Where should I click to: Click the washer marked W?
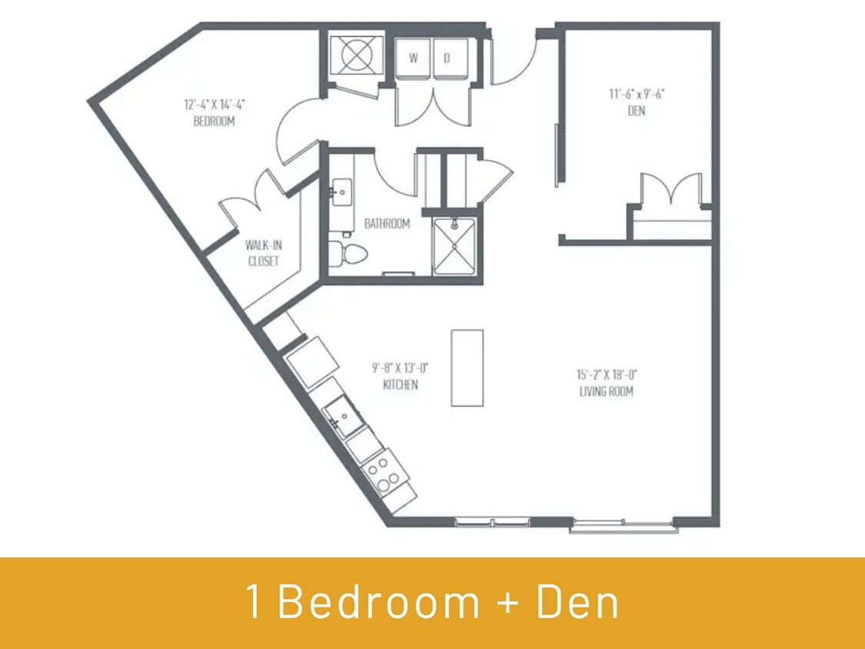414,58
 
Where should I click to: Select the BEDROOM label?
214,121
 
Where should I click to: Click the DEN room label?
636,111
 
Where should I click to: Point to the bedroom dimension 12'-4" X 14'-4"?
214,104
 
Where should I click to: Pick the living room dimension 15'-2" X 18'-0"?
607,374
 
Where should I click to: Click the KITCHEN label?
400,384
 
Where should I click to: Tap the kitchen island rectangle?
467,368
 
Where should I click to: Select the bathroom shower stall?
454,245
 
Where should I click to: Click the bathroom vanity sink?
341,190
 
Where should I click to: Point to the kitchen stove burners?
382,472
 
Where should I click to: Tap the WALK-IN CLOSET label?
262,253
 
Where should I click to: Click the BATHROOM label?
387,224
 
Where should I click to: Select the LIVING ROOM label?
607,391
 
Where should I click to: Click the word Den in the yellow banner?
577,602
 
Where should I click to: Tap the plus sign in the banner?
508,604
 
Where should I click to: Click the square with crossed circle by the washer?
356,55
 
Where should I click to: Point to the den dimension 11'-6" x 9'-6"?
636,95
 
